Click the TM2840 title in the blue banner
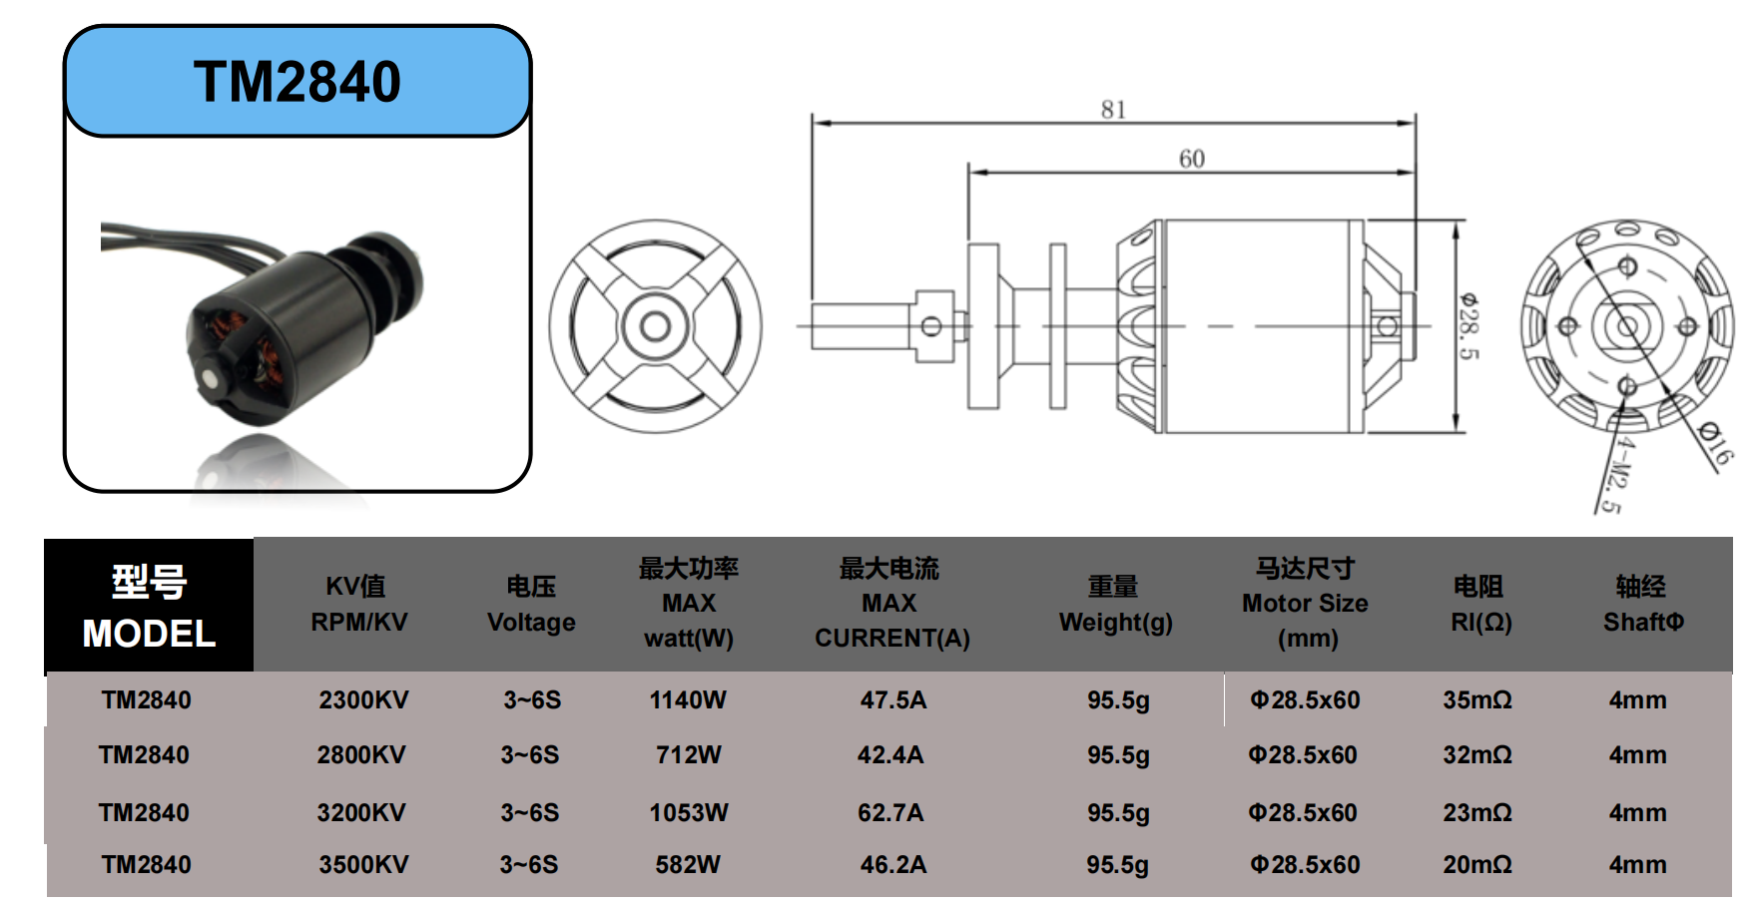(x=297, y=82)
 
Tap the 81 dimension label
(x=1113, y=110)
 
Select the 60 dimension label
(x=1191, y=159)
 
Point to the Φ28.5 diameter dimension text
(x=1468, y=326)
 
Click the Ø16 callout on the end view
(x=1715, y=444)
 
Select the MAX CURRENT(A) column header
(x=891, y=604)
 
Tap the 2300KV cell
(x=363, y=700)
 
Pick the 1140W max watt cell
(x=688, y=700)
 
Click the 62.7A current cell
(x=890, y=813)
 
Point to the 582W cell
(x=688, y=865)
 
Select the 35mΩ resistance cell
(x=1476, y=700)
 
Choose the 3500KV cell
(x=363, y=865)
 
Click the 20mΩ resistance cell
(x=1476, y=865)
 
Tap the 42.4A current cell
(x=890, y=755)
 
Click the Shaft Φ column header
(x=1642, y=605)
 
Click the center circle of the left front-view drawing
(x=655, y=326)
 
